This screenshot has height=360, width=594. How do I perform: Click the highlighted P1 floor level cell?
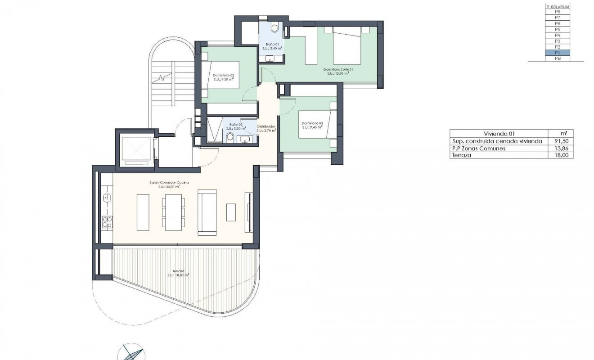pos(557,53)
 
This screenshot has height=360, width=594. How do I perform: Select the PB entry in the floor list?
pos(557,58)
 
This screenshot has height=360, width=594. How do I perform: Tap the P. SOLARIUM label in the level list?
pos(557,6)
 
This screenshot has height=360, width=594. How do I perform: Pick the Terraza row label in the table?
pos(460,155)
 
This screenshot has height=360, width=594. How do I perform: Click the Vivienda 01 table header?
pos(499,134)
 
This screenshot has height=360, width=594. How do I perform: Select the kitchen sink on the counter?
pos(107,198)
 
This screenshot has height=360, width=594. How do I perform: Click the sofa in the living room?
pos(207,211)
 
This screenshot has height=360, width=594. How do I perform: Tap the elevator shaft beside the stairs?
pos(135,149)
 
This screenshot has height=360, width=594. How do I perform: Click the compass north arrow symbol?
pos(131,353)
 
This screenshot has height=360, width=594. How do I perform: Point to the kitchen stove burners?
pos(108,221)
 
